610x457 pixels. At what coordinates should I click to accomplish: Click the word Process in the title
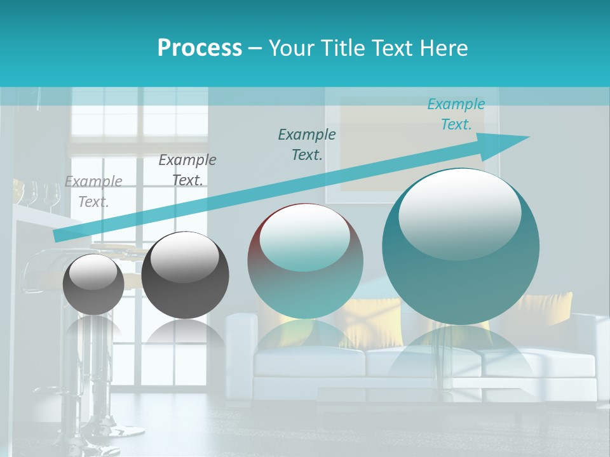pos(200,48)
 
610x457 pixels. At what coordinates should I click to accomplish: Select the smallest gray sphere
pos(93,284)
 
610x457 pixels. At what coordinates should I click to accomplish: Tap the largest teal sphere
pos(461,254)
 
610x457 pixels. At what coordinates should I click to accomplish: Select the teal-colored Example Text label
pos(456,114)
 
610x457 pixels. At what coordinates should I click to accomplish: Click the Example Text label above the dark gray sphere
pos(187,170)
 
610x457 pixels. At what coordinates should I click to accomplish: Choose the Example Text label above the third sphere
pos(306,144)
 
